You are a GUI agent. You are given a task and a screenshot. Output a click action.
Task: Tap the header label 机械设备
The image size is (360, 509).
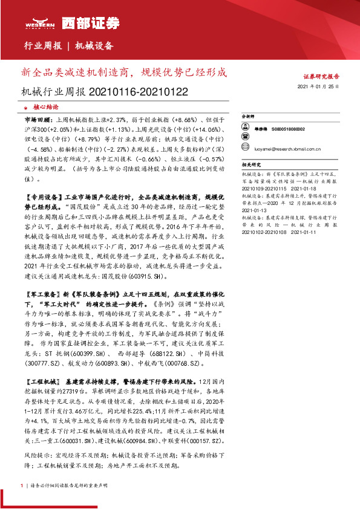[94, 46]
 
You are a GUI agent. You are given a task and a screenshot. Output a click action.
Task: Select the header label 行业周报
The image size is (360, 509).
[42, 46]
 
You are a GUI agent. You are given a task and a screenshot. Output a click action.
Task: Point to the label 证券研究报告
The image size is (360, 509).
[321, 77]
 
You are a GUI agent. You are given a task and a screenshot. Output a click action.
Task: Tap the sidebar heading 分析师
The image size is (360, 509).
[248, 115]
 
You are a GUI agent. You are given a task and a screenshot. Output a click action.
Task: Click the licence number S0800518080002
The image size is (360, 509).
[288, 129]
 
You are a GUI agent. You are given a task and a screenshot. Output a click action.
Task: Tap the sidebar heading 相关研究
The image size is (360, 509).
[250, 164]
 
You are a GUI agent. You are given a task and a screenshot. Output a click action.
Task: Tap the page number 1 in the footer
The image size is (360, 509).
[22, 485]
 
